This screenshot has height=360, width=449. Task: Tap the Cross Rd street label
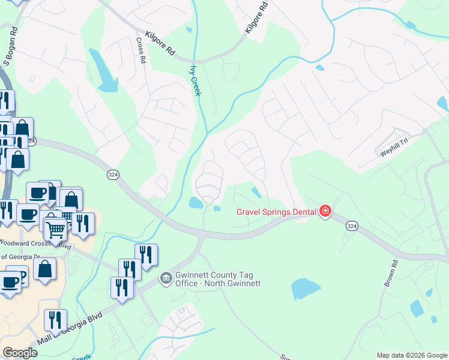(x=140, y=51)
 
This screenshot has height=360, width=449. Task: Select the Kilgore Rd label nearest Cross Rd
(x=160, y=44)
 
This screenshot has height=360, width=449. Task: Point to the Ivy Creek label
(x=195, y=80)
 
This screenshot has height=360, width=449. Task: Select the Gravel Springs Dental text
(x=277, y=211)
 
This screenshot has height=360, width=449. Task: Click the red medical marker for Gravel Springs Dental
(x=325, y=211)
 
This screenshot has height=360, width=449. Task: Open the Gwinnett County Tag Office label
(x=217, y=280)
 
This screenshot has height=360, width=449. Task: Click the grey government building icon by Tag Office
(x=165, y=278)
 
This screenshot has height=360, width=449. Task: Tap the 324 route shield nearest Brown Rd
(x=352, y=226)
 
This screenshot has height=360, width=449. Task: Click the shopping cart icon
(x=55, y=228)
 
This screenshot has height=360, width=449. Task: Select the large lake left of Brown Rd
(x=305, y=289)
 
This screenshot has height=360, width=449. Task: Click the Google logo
(x=20, y=353)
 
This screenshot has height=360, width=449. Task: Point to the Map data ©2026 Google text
(x=412, y=355)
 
